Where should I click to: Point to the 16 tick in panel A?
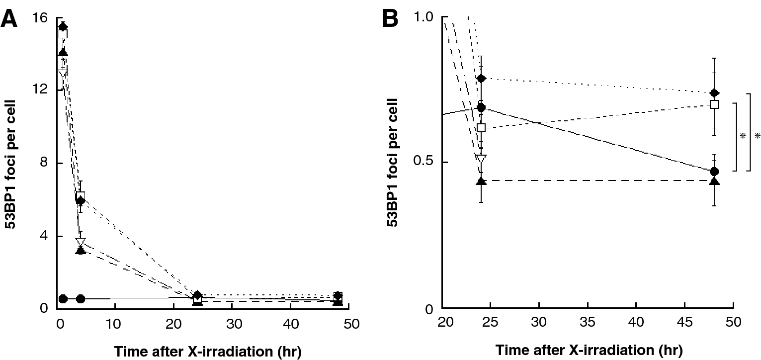pos(41,18)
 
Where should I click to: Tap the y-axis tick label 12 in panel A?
pos(41,90)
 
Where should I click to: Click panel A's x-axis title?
pos(208,351)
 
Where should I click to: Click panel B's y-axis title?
pos(393,163)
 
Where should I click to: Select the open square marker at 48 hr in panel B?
pos(714,104)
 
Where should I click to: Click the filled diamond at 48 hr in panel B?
pos(714,93)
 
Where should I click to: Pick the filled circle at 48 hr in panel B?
pos(714,171)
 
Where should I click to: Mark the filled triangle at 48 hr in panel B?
pos(714,180)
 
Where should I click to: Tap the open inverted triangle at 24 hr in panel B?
pos(481,158)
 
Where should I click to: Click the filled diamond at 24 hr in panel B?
pos(481,79)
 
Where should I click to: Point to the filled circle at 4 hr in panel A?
pos(81,299)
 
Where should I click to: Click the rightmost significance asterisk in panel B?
pos(757,136)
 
